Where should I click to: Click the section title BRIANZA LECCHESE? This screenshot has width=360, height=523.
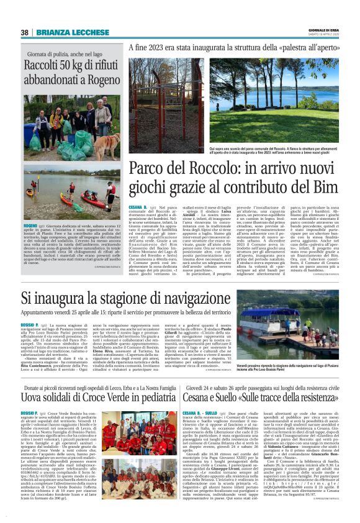coord(64,32)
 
